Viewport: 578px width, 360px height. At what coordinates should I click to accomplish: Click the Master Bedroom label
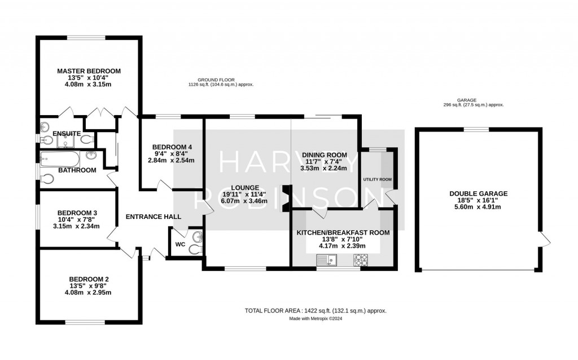89,71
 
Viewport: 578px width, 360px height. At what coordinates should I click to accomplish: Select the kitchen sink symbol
327,260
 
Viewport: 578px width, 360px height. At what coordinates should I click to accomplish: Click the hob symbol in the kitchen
360,260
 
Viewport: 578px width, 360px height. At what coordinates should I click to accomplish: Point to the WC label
180,244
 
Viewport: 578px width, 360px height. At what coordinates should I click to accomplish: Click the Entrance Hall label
153,217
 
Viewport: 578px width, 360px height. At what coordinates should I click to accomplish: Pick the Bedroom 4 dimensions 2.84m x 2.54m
170,160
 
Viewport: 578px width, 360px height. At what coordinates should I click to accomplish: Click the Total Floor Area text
316,311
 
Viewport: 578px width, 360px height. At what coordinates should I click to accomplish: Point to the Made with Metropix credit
316,318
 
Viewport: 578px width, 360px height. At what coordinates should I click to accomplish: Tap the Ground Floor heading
220,80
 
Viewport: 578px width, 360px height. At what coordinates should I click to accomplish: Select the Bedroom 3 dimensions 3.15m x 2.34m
76,226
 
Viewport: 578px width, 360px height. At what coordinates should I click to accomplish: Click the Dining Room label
324,155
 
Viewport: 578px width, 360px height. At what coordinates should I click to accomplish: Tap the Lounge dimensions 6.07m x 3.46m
244,201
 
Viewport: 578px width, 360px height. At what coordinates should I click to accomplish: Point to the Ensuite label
67,133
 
